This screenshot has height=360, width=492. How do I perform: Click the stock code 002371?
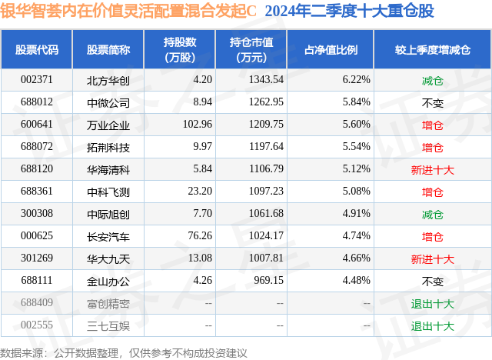click(x=37, y=80)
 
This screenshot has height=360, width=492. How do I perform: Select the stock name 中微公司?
click(x=108, y=102)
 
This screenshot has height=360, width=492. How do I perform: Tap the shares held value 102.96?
click(x=198, y=125)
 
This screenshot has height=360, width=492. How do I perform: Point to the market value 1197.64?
click(x=266, y=147)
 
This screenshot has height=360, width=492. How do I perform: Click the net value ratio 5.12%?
click(x=356, y=169)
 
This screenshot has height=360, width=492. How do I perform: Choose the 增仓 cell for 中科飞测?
click(x=432, y=192)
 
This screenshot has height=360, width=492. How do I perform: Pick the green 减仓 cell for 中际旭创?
click(x=432, y=215)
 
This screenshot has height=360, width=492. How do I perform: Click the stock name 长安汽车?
click(x=108, y=236)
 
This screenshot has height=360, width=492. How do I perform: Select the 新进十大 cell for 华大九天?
click(x=432, y=259)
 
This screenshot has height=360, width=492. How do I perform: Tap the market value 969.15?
click(x=268, y=280)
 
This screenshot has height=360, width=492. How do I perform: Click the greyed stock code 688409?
click(x=37, y=302)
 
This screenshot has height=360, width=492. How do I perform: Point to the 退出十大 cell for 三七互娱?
click(x=432, y=326)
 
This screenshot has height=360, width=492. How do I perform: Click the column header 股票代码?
click(x=37, y=49)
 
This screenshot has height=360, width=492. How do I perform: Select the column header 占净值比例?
click(x=331, y=49)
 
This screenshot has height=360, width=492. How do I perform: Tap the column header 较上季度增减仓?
click(x=432, y=49)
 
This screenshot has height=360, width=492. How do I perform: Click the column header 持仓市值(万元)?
click(x=251, y=49)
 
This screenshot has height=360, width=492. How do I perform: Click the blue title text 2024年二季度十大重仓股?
click(x=349, y=11)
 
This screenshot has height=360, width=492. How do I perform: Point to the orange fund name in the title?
click(x=128, y=11)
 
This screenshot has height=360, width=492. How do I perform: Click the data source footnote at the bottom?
click(x=123, y=353)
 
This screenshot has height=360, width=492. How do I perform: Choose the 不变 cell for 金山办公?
click(x=432, y=282)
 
